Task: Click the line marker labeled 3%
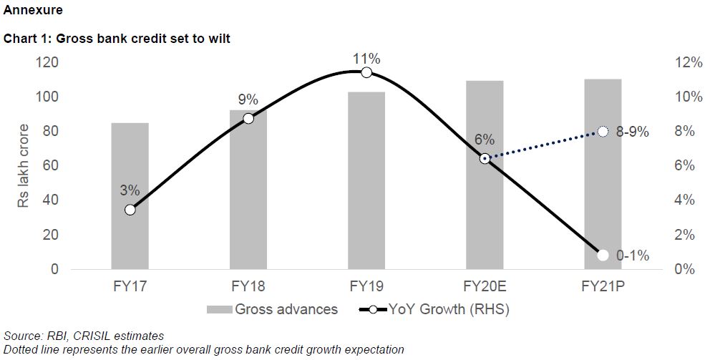(x=130, y=210)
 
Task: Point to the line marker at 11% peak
(x=366, y=72)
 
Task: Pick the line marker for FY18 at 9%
(x=248, y=118)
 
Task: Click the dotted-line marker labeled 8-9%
(x=603, y=131)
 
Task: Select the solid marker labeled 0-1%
(x=603, y=255)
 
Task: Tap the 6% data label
(x=485, y=140)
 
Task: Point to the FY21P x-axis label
(x=603, y=288)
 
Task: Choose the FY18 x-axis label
(x=248, y=288)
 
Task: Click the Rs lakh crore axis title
(x=24, y=166)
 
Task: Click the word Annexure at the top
(x=33, y=11)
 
